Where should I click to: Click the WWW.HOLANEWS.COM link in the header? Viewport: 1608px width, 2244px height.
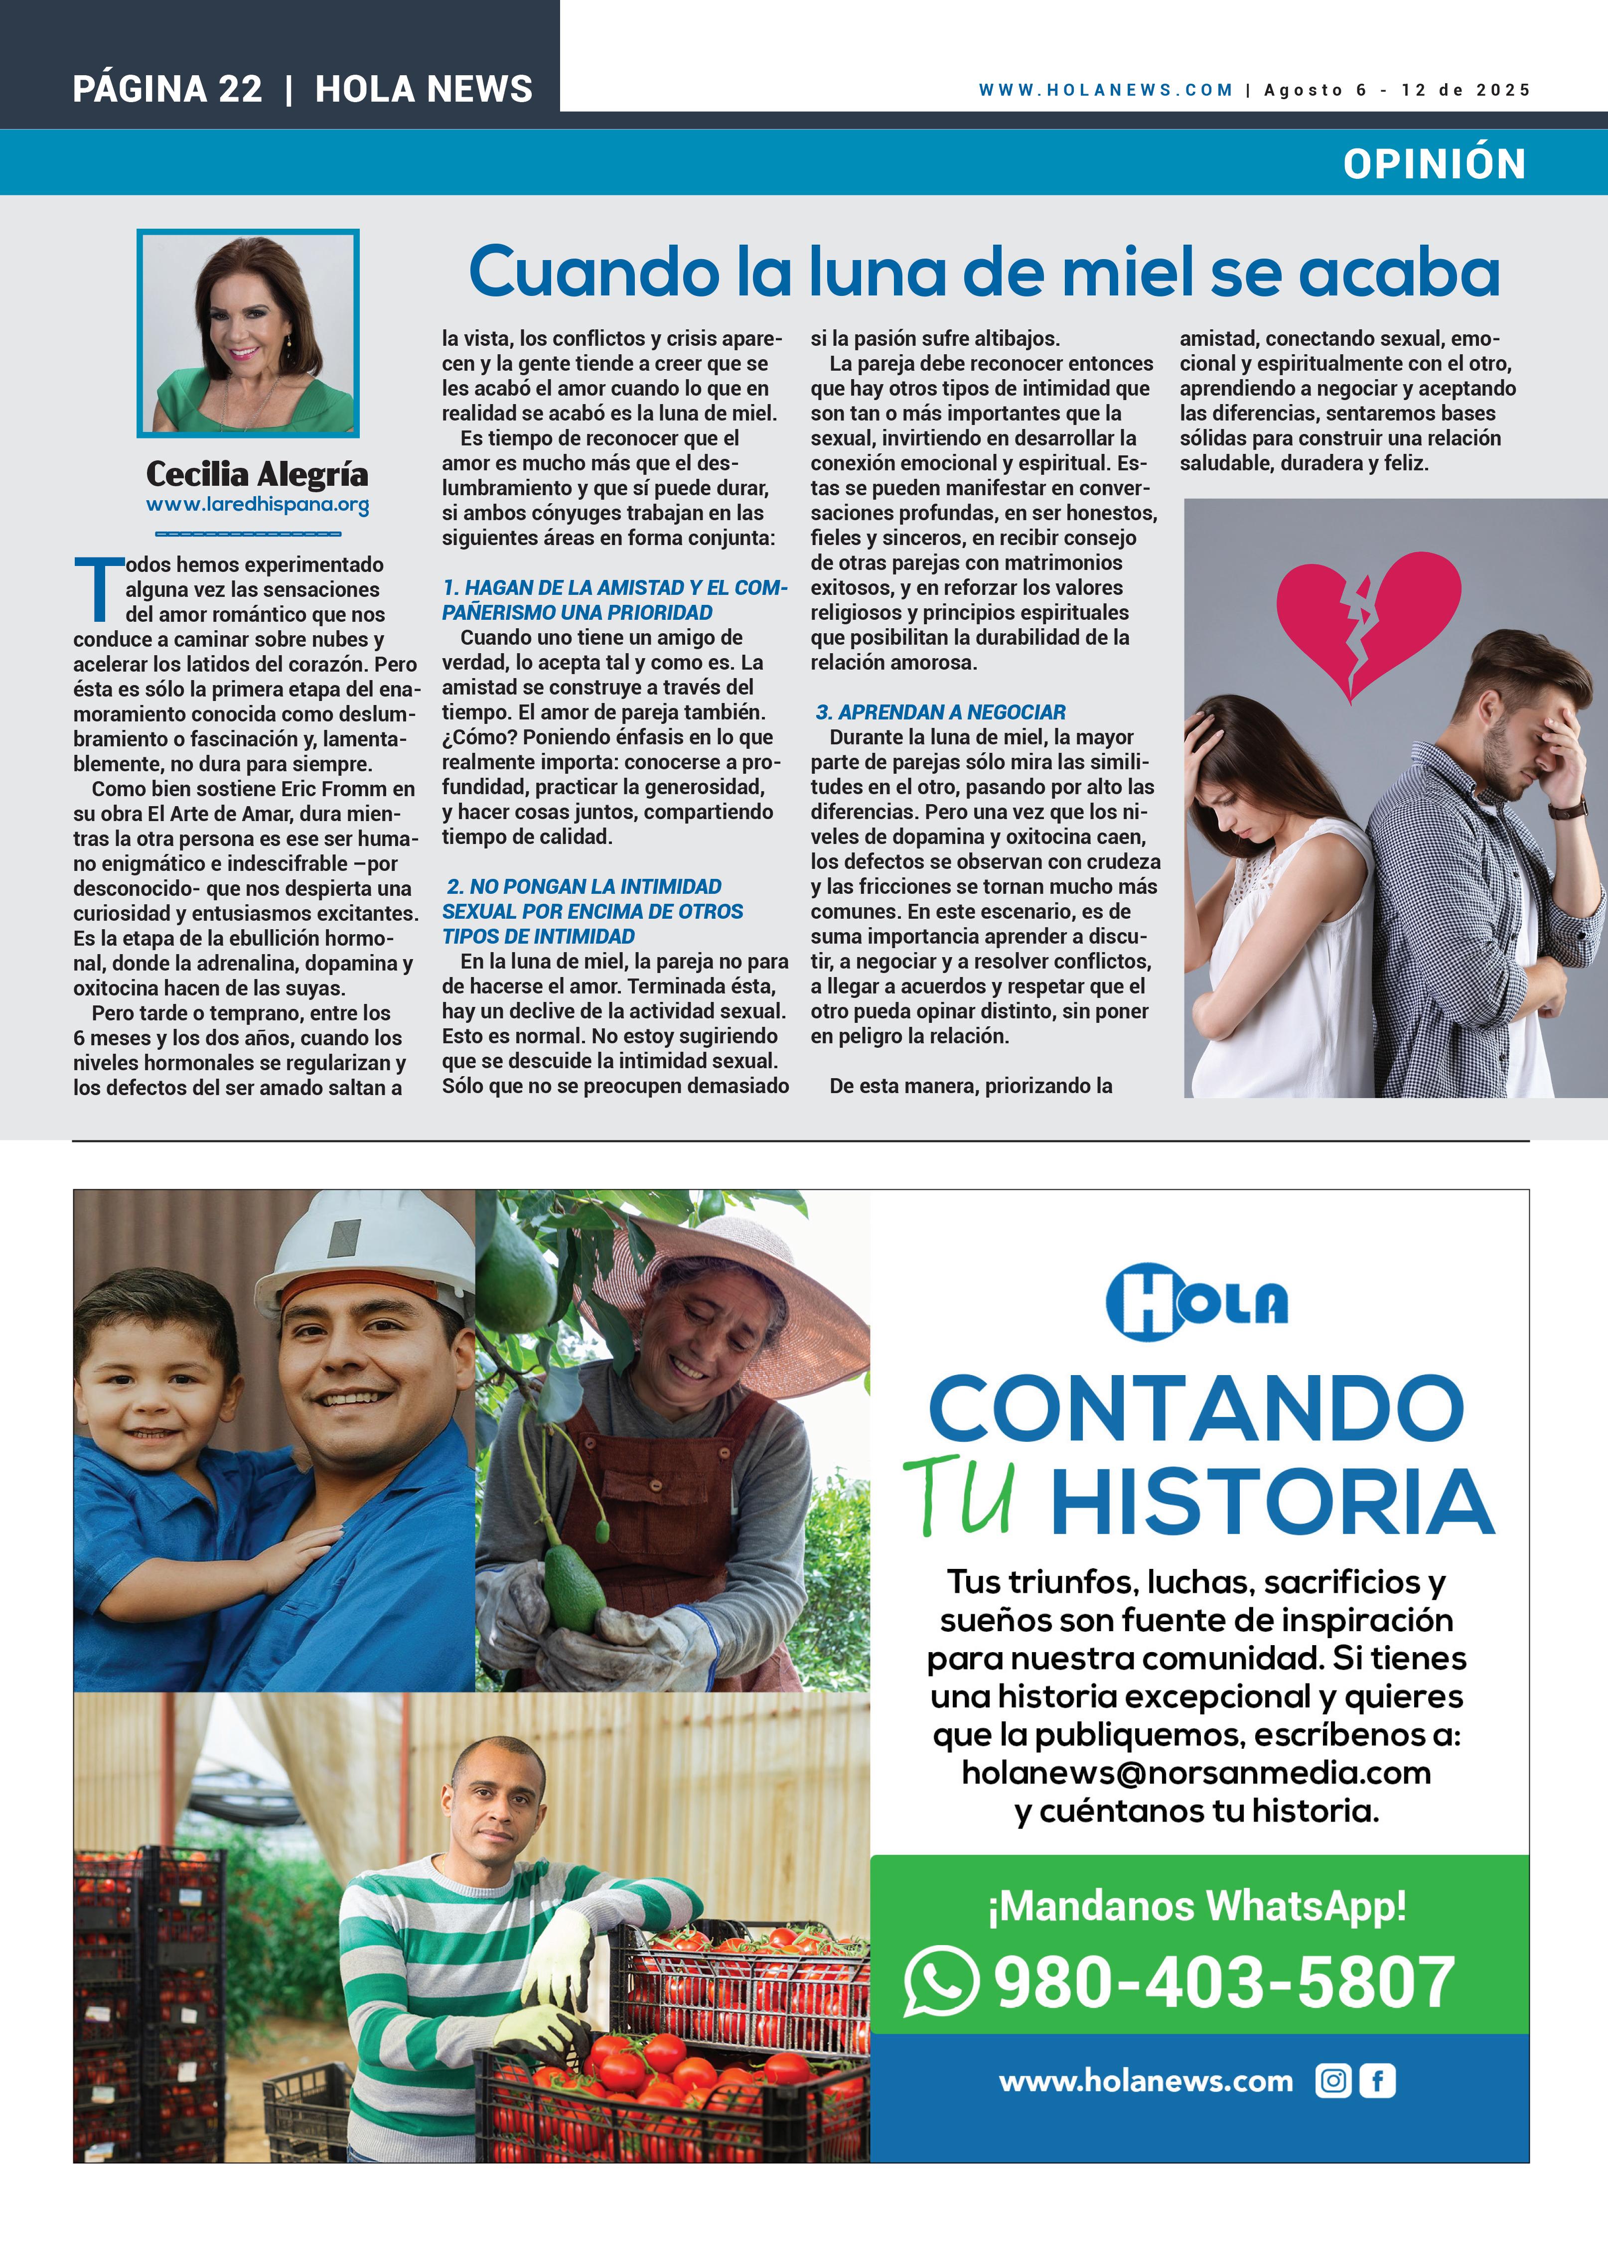[x=1105, y=90]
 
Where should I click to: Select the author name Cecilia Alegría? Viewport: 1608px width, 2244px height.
[x=256, y=475]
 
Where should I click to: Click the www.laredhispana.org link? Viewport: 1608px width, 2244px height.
[x=257, y=505]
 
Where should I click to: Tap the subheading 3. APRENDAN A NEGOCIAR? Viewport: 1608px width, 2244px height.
[x=940, y=712]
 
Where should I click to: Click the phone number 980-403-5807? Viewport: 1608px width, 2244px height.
[x=1224, y=1982]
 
